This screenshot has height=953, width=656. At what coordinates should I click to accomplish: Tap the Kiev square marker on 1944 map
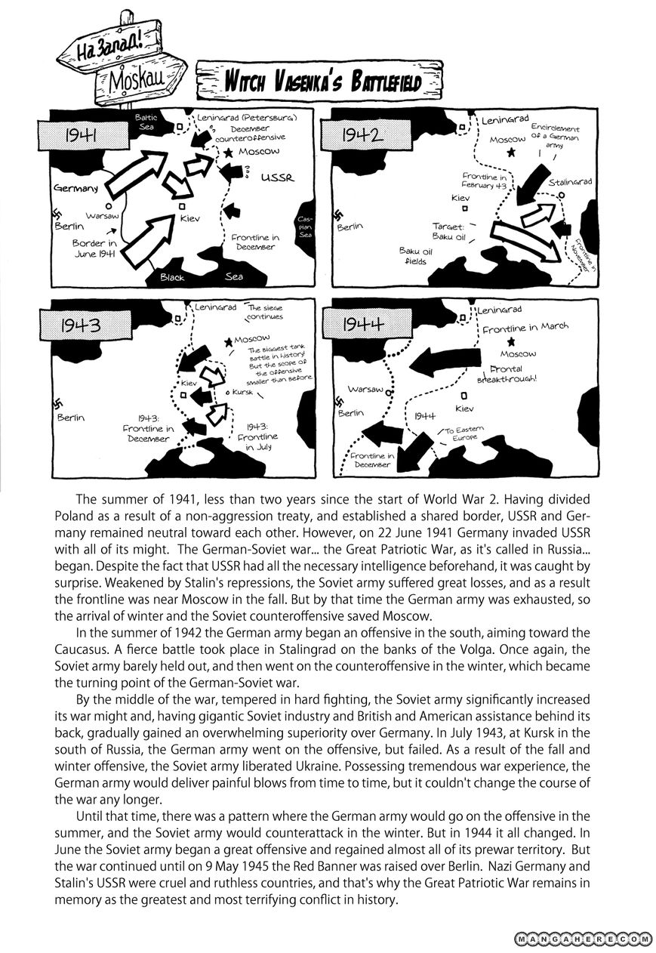(465, 395)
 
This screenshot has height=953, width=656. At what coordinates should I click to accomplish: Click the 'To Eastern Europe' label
(472, 433)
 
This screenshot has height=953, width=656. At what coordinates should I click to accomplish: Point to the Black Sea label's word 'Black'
(172, 277)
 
